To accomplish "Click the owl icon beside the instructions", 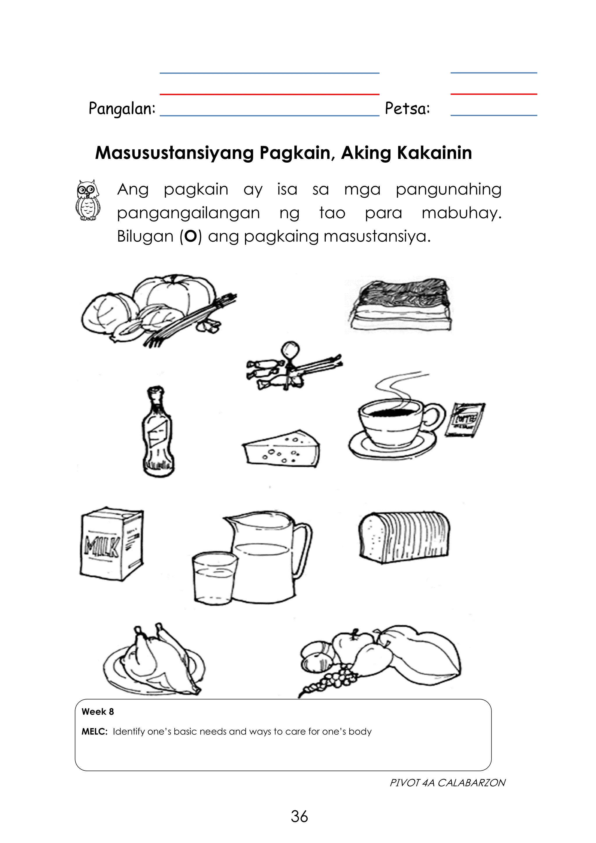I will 87,200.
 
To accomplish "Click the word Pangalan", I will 122,109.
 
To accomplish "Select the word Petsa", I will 407,108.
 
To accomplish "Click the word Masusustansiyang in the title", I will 174,153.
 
